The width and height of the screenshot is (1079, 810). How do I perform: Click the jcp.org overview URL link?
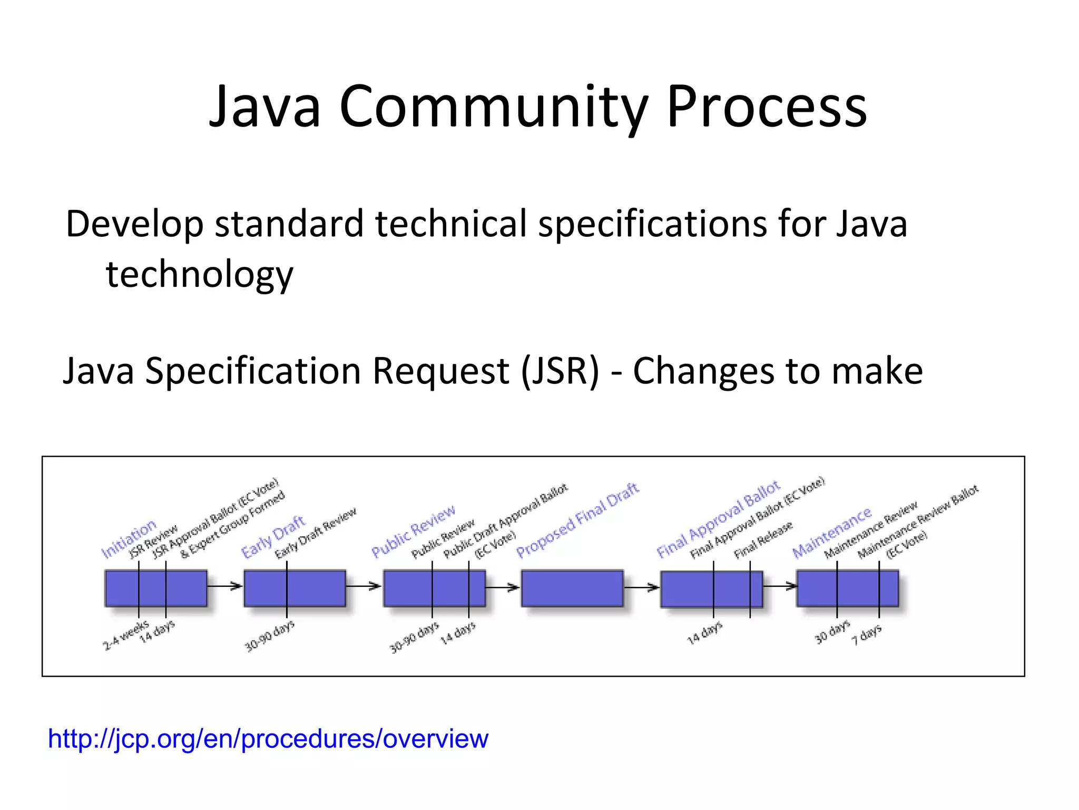(x=268, y=738)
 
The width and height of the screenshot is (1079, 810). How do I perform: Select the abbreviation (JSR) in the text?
(x=560, y=371)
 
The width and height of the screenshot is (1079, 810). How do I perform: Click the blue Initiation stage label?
(x=129, y=538)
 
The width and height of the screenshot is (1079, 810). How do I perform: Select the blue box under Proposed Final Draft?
(x=572, y=588)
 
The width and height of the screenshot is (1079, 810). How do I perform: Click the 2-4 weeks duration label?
(x=125, y=636)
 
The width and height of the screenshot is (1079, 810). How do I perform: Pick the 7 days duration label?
(x=867, y=635)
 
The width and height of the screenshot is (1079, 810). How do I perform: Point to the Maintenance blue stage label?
(x=831, y=533)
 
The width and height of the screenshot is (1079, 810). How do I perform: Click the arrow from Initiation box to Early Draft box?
(x=224, y=586)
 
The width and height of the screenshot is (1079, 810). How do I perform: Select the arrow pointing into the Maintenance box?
(x=780, y=586)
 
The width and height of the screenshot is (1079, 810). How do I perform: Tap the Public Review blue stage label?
(x=413, y=531)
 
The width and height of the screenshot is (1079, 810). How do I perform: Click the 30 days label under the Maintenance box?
(x=832, y=632)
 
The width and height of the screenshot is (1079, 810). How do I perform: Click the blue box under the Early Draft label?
(x=295, y=588)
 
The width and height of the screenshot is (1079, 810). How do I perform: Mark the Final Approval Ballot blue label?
(x=718, y=519)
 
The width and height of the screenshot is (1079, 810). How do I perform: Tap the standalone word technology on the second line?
(x=199, y=275)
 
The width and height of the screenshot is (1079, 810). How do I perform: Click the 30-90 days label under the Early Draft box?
(x=269, y=637)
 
